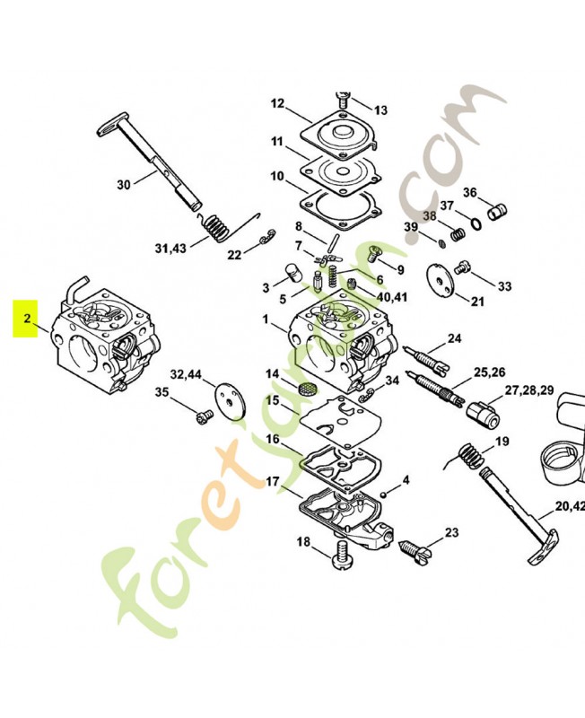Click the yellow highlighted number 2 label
pyautogui.click(x=25, y=319)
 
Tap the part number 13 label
pyautogui.click(x=380, y=110)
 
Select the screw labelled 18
pyautogui.click(x=343, y=555)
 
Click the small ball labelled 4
pyautogui.click(x=385, y=495)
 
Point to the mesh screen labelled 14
pyautogui.click(x=308, y=390)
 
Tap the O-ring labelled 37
pyautogui.click(x=476, y=223)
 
